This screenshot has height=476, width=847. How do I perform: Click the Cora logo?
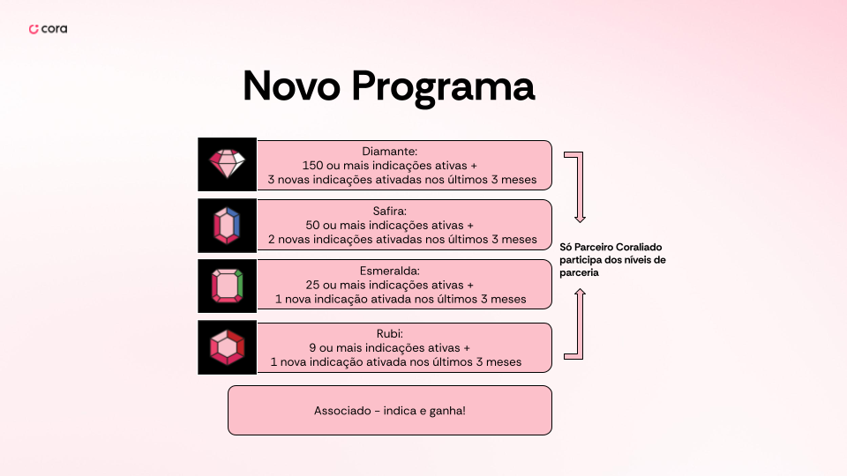point(48,28)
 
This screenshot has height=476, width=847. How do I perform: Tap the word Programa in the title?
point(443,87)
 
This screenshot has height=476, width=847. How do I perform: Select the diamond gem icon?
point(227,164)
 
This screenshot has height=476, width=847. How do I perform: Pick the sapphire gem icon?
point(227,226)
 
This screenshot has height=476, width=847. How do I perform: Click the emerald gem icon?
point(227,286)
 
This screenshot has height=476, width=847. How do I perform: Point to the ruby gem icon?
point(227,347)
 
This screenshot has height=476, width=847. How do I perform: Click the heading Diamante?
point(389,152)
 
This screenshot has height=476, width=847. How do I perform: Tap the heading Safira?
point(389,211)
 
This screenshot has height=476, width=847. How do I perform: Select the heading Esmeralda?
point(389,271)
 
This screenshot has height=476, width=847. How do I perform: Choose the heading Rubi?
point(389,334)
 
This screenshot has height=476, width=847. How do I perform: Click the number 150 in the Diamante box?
point(312,166)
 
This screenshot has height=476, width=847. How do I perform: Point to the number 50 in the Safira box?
point(312,225)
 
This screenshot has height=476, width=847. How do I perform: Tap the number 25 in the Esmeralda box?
point(312,285)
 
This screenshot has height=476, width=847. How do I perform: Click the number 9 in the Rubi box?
point(312,348)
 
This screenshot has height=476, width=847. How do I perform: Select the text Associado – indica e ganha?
point(389,411)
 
